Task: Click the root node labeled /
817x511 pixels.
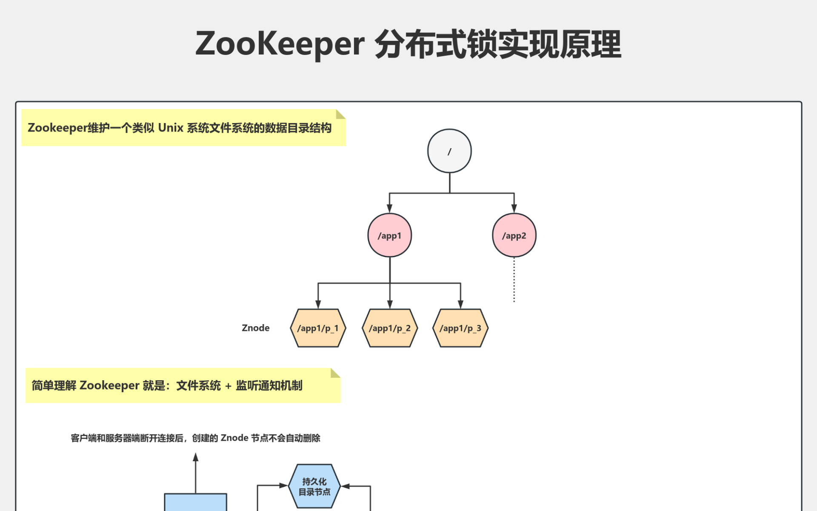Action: (449, 151)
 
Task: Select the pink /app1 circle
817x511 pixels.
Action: (389, 235)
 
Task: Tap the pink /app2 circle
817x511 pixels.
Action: (514, 235)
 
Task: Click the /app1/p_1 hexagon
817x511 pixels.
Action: (318, 328)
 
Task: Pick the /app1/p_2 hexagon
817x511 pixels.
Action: (390, 328)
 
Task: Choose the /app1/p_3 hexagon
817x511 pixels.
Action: (460, 328)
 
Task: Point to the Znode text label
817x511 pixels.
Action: (255, 328)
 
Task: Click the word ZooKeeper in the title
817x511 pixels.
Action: (280, 44)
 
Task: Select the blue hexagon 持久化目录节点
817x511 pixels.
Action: (314, 486)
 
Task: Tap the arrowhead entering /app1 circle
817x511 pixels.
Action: (389, 209)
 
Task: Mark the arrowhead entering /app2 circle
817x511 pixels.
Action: (514, 209)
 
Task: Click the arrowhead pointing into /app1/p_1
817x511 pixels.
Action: (318, 304)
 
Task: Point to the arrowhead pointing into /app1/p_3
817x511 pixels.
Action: (460, 304)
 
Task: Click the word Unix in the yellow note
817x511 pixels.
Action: (171, 128)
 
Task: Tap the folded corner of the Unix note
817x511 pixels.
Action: (340, 114)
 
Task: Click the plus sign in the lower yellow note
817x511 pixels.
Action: (228, 386)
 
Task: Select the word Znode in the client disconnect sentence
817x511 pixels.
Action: (234, 438)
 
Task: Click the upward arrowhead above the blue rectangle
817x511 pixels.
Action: (196, 457)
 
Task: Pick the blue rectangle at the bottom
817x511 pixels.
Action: (196, 502)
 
